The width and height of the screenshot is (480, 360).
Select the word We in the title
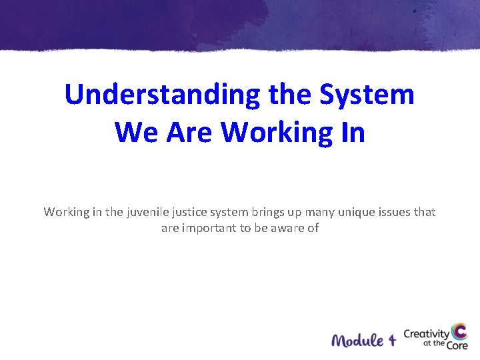point(136,131)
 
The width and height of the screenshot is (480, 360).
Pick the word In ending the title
point(352,131)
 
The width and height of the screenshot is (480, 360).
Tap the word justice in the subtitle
point(189,212)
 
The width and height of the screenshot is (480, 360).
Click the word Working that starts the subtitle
point(65,212)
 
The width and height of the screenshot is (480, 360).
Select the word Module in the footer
point(357,340)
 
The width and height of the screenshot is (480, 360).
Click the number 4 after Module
point(391,340)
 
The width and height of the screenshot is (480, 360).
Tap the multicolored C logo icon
point(459,333)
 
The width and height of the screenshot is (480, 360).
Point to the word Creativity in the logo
point(427,333)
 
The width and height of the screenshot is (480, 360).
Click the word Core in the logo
point(456,345)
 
